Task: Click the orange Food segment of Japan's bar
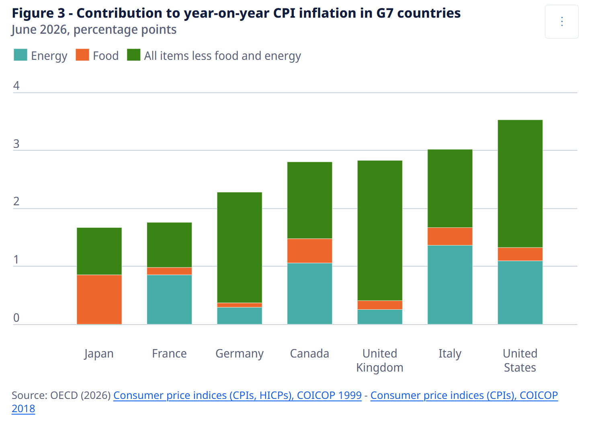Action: (99, 299)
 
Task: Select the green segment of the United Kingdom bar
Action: (380, 230)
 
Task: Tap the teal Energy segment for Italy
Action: (450, 284)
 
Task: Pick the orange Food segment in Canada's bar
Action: (309, 251)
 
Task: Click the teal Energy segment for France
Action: (169, 299)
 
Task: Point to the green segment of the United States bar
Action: (520, 184)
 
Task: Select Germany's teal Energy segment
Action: (240, 316)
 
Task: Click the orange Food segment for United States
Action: (520, 254)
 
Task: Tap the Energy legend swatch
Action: (20, 55)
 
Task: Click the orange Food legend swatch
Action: (82, 55)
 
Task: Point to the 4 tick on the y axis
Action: (16, 86)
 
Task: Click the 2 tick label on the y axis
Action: (16, 201)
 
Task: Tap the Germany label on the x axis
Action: (240, 354)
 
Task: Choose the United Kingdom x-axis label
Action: (380, 360)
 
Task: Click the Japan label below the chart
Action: (99, 354)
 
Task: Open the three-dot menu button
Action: (562, 22)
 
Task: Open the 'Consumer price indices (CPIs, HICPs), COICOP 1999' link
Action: (237, 395)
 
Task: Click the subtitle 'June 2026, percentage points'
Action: (94, 30)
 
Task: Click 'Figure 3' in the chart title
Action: (39, 13)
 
